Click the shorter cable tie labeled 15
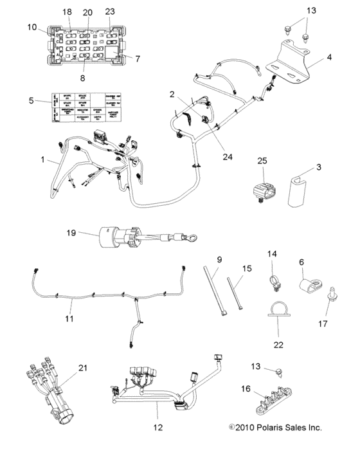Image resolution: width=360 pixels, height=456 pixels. [237, 292]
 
